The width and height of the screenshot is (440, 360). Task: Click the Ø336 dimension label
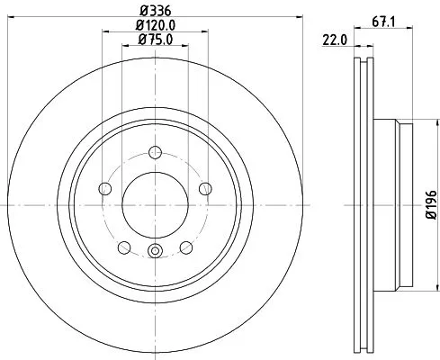(x=154, y=11)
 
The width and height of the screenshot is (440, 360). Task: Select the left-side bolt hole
(x=103, y=188)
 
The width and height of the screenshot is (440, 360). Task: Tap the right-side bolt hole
(x=205, y=188)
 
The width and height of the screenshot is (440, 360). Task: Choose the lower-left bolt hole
(x=122, y=247)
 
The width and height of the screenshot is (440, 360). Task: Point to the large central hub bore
(x=154, y=205)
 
